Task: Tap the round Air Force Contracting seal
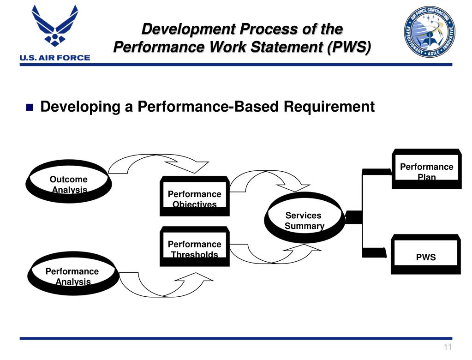(x=430, y=31)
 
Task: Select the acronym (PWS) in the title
(x=349, y=47)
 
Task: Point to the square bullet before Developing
(x=30, y=108)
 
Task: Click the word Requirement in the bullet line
(x=329, y=107)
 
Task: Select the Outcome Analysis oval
(x=69, y=184)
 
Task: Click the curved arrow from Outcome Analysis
(x=157, y=162)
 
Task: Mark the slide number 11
(x=447, y=348)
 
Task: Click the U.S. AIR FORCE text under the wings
(x=54, y=58)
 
